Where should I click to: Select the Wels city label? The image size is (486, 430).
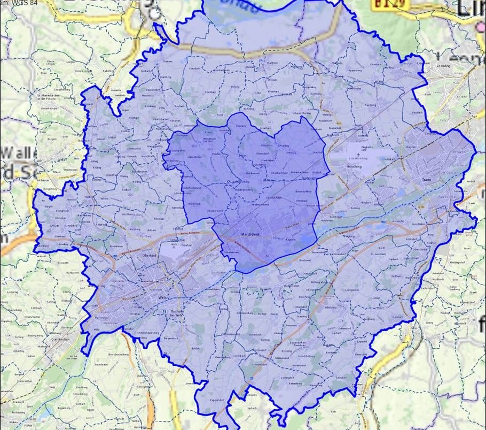click(163, 297)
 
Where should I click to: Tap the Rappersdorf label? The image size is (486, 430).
click(215, 399)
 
